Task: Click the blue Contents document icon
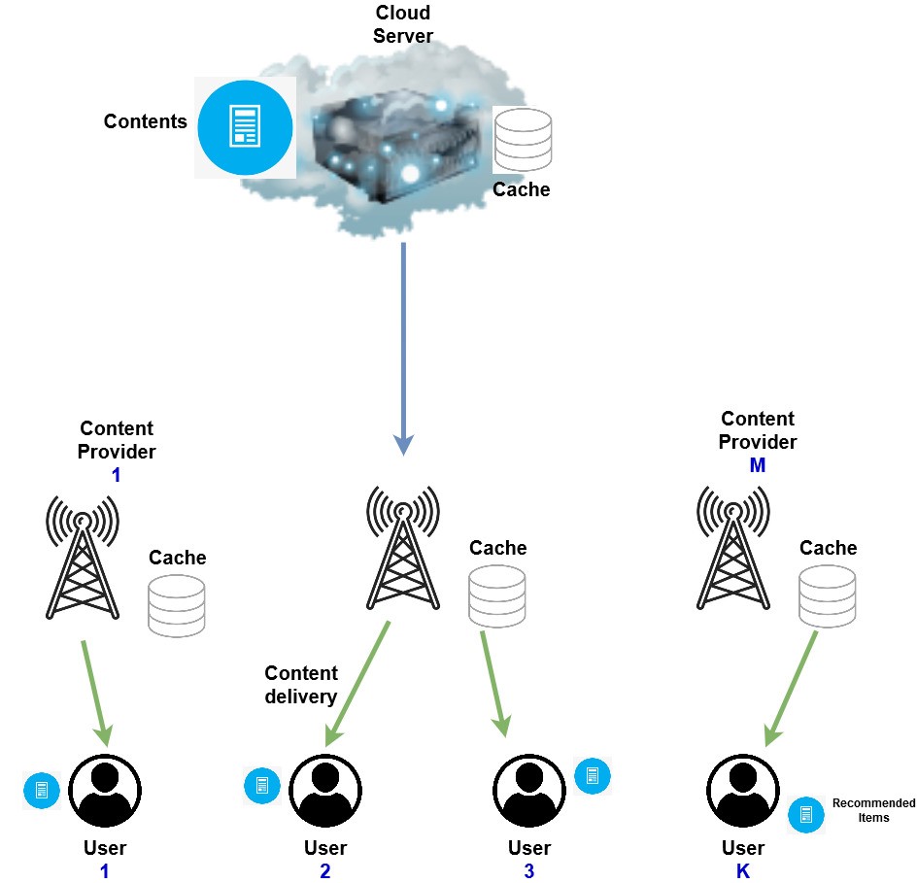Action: point(245,127)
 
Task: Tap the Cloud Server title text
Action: point(402,25)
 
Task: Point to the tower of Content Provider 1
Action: point(83,558)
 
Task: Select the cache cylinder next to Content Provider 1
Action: point(176,605)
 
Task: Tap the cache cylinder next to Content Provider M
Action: point(827,595)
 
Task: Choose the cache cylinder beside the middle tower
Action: point(496,595)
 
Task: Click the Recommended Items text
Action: point(873,810)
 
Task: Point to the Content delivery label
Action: point(301,685)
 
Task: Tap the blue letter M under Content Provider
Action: point(757,466)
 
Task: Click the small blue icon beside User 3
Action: point(593,774)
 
